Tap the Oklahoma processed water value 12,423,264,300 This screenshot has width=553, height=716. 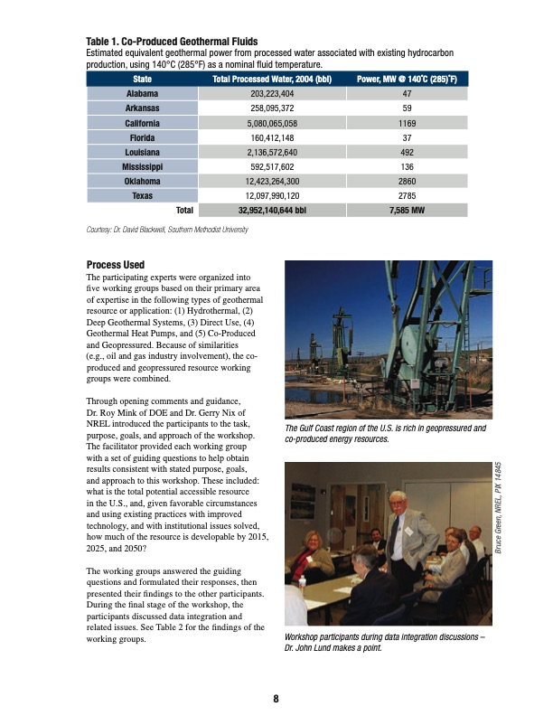click(x=272, y=181)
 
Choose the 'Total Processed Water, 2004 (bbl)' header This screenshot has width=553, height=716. click(x=272, y=79)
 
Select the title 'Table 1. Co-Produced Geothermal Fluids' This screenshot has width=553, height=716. click(x=172, y=42)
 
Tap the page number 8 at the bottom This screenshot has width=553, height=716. click(x=276, y=697)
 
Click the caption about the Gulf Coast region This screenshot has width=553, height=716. click(x=386, y=434)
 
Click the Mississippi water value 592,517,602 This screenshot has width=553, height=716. click(x=272, y=166)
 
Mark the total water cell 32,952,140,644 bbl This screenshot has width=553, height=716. click(x=272, y=211)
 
